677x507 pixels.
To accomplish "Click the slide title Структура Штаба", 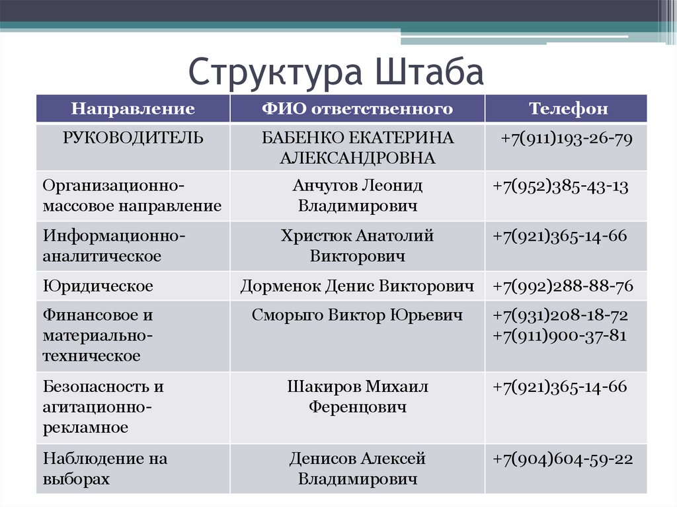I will pos(337,72).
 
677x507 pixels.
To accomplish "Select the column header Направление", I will pos(133,109).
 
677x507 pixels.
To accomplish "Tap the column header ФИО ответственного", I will pos(357,109).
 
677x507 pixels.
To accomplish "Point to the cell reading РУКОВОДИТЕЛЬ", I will pos(133,138).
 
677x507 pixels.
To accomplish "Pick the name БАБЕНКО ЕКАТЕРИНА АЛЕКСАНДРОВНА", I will pos(357,148).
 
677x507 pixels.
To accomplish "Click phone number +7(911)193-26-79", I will pos(567,139).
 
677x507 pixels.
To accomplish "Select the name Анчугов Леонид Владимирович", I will pos(357,196).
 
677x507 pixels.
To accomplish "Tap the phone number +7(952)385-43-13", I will pos(560,186).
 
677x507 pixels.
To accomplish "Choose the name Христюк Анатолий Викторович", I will pos(357,245).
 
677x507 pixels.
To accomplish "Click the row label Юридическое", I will pos(98,286).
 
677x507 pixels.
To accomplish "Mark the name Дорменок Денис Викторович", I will pos(357,286).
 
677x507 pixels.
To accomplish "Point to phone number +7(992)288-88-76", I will pos(563,286).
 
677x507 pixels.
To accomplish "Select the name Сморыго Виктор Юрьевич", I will pos(357,315).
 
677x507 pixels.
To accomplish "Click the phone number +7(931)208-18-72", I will pos(560,315).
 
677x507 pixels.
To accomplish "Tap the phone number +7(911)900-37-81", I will pos(560,335).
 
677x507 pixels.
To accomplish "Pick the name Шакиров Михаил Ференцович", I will pos(357,397).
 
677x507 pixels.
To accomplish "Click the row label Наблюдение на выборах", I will pos(105,469).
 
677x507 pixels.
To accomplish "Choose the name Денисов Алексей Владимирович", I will pos(357,469).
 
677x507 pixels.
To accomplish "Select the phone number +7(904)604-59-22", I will pos(563,459).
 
